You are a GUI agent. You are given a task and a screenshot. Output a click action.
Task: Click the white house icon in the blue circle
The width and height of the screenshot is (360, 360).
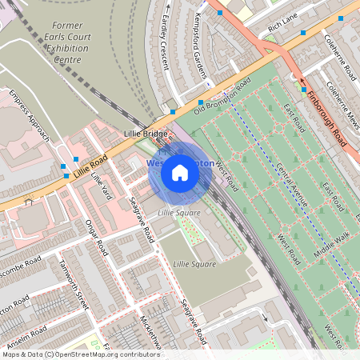click(x=180, y=172)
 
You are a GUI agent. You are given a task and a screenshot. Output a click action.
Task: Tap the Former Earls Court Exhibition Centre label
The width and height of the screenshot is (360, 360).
click(x=66, y=42)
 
